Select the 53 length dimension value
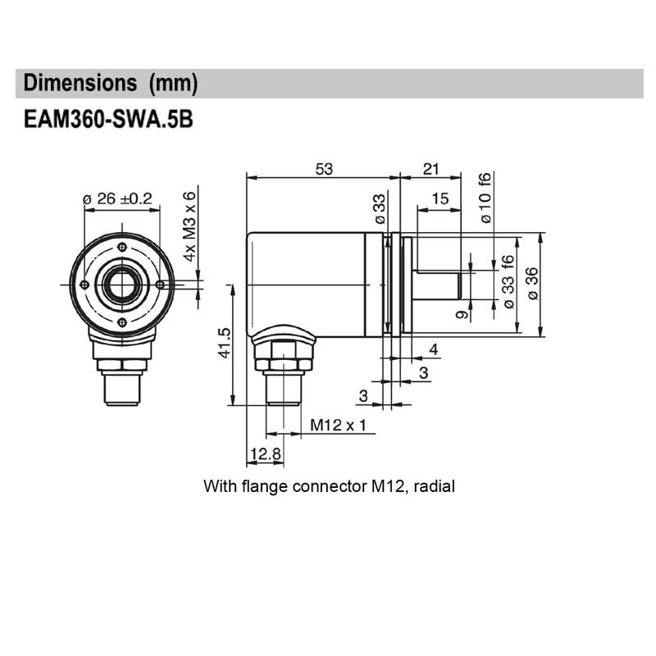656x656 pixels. [x=325, y=168]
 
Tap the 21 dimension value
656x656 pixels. [x=430, y=168]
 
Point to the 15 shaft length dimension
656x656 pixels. [x=440, y=198]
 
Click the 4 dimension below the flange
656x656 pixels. [x=433, y=350]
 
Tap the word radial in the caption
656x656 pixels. [x=434, y=486]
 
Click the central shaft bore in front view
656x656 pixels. [x=121, y=285]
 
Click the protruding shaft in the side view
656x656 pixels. [x=439, y=284]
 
